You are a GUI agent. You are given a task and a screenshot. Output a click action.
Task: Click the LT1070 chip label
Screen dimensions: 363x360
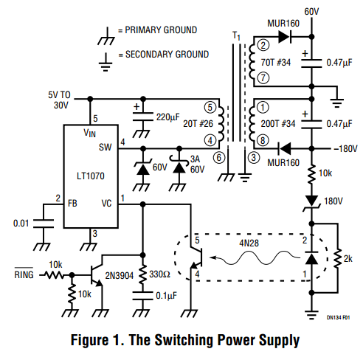[x=91, y=176]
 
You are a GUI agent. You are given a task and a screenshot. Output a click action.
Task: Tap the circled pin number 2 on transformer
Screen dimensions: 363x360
[x=263, y=45]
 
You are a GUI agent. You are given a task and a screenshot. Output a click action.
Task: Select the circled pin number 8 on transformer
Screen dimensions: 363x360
[x=263, y=140]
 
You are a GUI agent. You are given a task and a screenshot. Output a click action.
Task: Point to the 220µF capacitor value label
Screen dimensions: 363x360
[x=168, y=117]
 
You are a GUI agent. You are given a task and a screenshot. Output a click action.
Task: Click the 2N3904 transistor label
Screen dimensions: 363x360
[x=120, y=276]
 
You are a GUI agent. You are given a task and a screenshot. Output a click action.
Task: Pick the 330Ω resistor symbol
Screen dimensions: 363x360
[x=142, y=274]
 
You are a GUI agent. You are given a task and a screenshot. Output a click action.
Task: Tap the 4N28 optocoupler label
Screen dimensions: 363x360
[x=249, y=243]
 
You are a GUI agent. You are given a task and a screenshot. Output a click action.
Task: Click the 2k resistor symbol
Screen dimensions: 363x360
[x=338, y=258]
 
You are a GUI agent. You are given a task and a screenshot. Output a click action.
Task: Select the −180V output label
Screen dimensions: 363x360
[x=345, y=149]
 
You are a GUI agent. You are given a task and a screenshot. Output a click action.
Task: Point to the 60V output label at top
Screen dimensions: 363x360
[x=311, y=12]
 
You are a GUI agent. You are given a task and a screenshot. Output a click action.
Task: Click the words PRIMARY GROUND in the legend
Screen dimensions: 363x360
[x=161, y=30]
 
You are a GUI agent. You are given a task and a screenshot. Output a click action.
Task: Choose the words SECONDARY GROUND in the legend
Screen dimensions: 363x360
[x=167, y=54]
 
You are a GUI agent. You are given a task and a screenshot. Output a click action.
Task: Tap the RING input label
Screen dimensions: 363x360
[x=24, y=274]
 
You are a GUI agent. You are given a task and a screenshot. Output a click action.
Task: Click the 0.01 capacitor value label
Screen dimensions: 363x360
[x=21, y=224]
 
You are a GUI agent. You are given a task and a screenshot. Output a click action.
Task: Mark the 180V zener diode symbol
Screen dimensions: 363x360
[x=311, y=203]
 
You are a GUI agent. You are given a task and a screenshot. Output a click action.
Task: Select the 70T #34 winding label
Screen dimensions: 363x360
[x=276, y=63]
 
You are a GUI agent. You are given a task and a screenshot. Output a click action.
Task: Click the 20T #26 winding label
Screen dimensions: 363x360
[x=198, y=124]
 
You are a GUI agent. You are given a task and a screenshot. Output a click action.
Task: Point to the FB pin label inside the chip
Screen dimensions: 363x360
[x=72, y=204]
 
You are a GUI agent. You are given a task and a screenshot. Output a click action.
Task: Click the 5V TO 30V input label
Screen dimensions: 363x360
[x=60, y=100]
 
